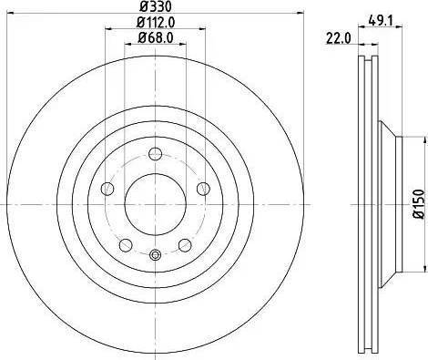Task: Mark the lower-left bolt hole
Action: (x=125, y=244)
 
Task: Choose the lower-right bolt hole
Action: (x=185, y=244)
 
